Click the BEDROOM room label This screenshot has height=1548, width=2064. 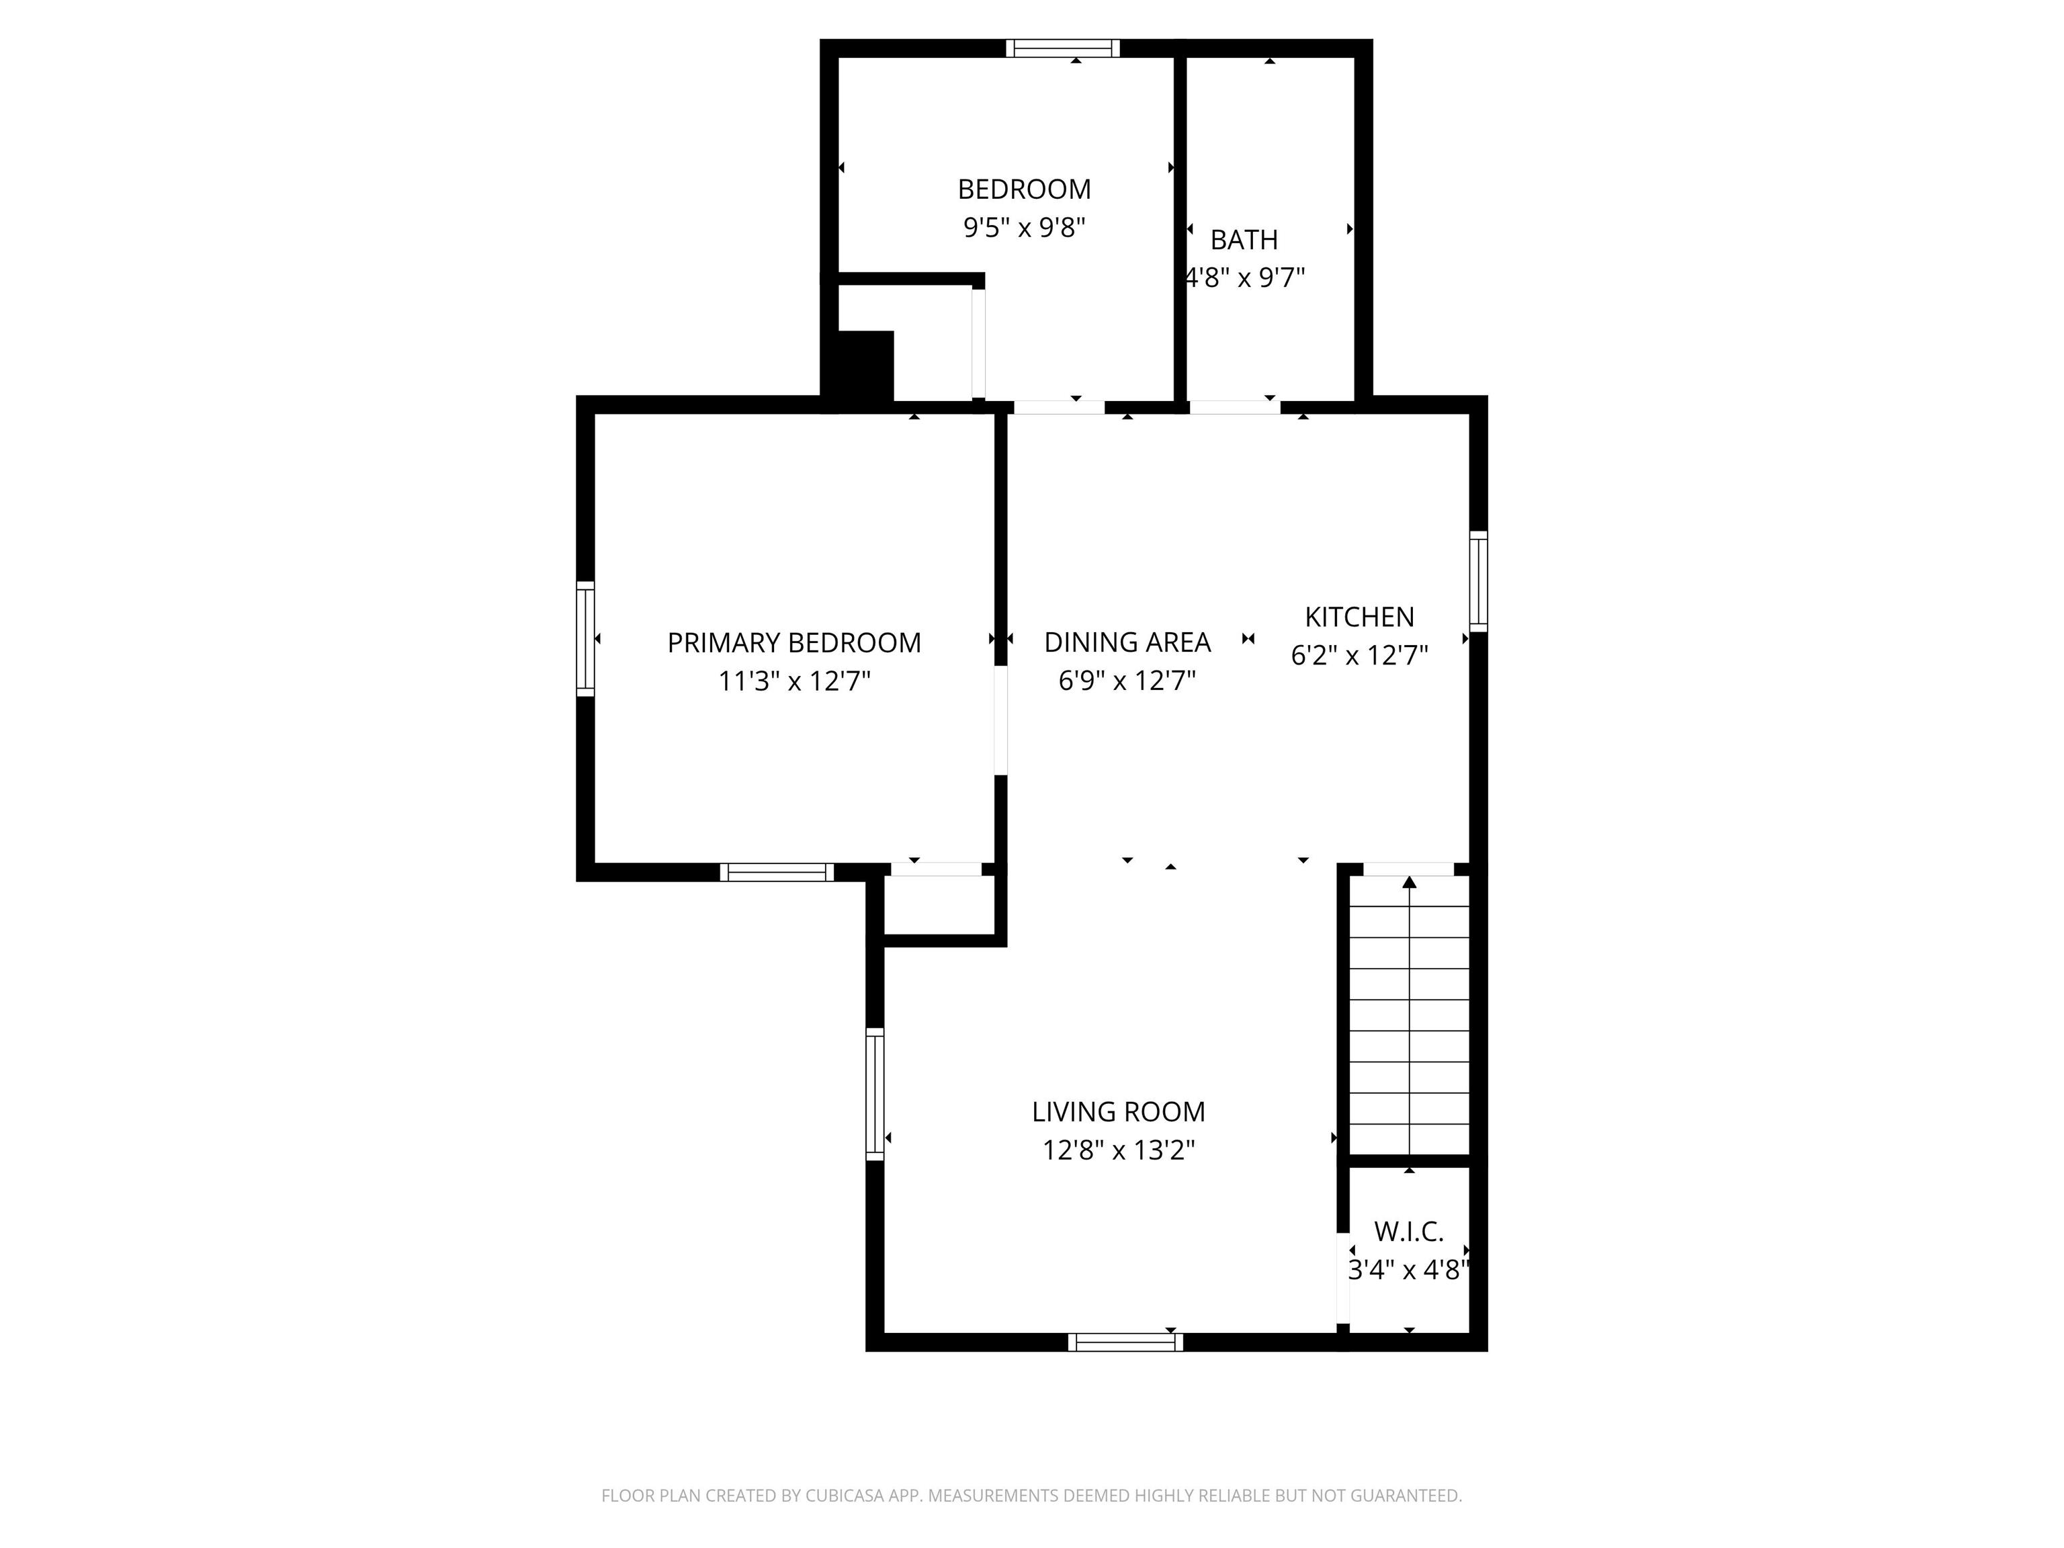click(1024, 189)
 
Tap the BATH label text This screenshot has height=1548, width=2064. click(1244, 240)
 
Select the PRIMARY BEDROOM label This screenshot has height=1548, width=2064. click(794, 643)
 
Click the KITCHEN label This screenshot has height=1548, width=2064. click(1359, 617)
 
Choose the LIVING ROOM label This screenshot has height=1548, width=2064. click(1118, 1111)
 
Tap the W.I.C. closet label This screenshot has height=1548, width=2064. click(1409, 1232)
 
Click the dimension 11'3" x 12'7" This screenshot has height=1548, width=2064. click(794, 681)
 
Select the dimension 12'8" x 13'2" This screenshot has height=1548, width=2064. click(1118, 1150)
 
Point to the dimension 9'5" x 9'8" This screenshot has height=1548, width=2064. click(1024, 228)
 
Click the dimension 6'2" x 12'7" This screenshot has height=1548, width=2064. click(1359, 655)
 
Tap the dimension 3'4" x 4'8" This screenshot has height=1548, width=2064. click(1409, 1270)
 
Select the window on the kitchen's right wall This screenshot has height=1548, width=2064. click(1478, 581)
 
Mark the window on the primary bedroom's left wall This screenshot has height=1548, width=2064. click(585, 638)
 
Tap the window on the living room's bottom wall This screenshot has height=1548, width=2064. click(1125, 1342)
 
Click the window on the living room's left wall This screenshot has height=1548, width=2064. click(874, 1094)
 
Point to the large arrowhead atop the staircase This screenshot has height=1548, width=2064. click(1409, 881)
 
